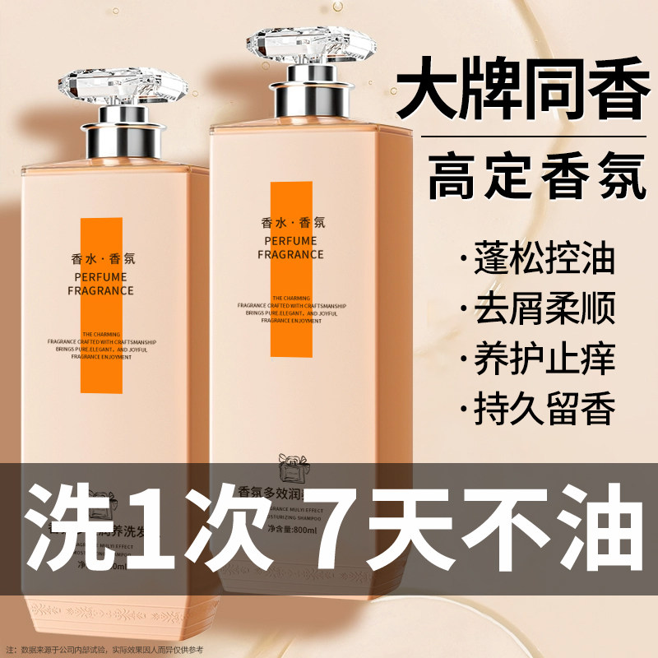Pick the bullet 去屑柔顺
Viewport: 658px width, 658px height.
pyautogui.click(x=544, y=309)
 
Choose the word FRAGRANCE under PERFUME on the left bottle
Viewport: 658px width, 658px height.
pyautogui.click(x=103, y=290)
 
